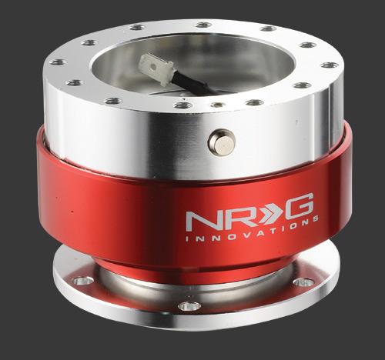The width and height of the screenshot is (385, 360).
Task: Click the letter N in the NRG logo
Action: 203,220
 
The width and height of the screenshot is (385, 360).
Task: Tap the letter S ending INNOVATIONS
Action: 316,218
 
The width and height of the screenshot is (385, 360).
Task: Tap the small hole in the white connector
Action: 153,67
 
